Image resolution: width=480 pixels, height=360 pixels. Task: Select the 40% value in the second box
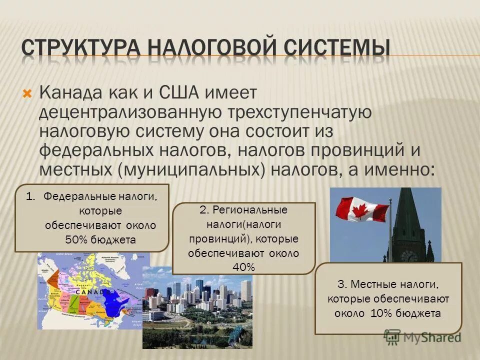click(x=243, y=267)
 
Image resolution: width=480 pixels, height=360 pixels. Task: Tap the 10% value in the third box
click(x=381, y=313)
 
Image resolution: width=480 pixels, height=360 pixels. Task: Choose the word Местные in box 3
click(x=375, y=284)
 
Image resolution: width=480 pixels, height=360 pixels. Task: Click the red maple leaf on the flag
click(x=363, y=209)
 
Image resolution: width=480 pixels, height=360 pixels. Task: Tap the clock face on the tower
click(x=408, y=255)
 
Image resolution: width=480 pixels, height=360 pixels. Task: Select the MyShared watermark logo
click(x=422, y=336)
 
